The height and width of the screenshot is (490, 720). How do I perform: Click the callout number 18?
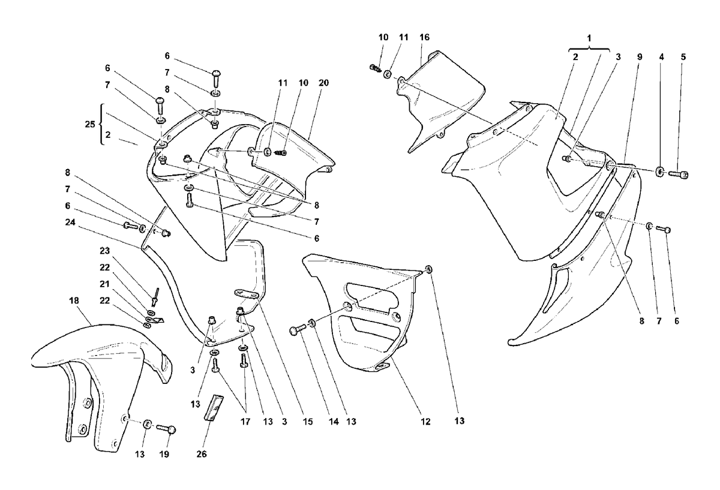point(74,300)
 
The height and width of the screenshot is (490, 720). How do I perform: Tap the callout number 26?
point(202,455)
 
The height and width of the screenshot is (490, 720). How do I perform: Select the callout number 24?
point(70,222)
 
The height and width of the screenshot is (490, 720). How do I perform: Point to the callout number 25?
point(90,124)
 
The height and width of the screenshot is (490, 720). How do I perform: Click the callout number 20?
point(323,83)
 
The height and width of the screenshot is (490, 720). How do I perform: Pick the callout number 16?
point(424,37)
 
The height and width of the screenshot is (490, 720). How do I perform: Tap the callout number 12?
point(425,422)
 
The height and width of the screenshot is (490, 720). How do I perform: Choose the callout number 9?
point(640,57)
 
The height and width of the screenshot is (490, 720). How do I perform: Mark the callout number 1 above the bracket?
point(589,38)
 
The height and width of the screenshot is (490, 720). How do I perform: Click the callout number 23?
point(105,251)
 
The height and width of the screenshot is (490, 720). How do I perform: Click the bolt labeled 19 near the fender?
point(167,429)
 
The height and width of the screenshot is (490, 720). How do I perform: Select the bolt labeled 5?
point(678,175)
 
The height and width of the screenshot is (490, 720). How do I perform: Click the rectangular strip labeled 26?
point(214,407)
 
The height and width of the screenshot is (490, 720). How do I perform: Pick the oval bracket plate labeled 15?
point(247,293)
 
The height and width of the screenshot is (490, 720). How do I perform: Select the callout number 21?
point(105,284)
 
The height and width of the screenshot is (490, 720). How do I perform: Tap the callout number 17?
point(245,422)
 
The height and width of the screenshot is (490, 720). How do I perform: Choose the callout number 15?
point(308,422)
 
